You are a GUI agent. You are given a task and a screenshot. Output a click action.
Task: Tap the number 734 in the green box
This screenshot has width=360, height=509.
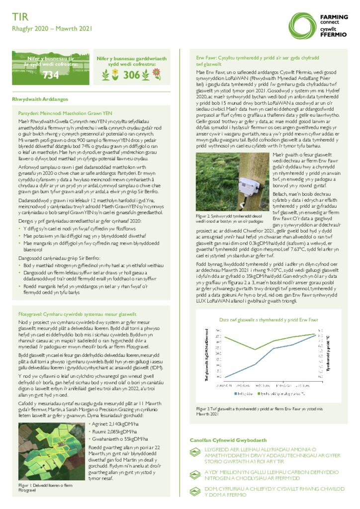[x=51, y=75]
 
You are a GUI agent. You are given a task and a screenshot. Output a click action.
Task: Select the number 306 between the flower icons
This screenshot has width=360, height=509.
[x=132, y=75]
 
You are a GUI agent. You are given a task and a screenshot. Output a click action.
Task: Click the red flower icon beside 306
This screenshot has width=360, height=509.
[x=156, y=75]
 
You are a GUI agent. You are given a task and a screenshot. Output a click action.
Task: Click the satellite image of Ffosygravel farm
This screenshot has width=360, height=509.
[x=51, y=451]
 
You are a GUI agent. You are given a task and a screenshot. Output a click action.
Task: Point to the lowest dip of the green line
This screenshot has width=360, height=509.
[x=256, y=349]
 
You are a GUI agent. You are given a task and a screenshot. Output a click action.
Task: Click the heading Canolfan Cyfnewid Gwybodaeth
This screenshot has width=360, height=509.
[x=228, y=440]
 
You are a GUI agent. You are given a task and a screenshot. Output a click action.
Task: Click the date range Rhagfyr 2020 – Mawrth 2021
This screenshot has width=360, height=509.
[x=52, y=29]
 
